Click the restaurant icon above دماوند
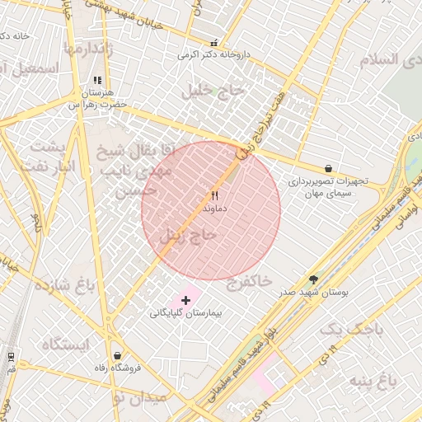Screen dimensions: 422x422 point(214,195)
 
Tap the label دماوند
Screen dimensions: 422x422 point(214,209)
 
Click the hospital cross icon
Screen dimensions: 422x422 point(185,300)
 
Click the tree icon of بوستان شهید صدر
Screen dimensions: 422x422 point(313,279)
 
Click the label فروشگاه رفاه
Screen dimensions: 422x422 point(115,368)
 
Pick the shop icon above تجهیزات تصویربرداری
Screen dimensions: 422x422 point(329,167)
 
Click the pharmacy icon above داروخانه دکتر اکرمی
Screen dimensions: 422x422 point(214,43)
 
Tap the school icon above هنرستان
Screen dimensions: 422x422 point(97,81)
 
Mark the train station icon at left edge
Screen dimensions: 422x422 point(11,355)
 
